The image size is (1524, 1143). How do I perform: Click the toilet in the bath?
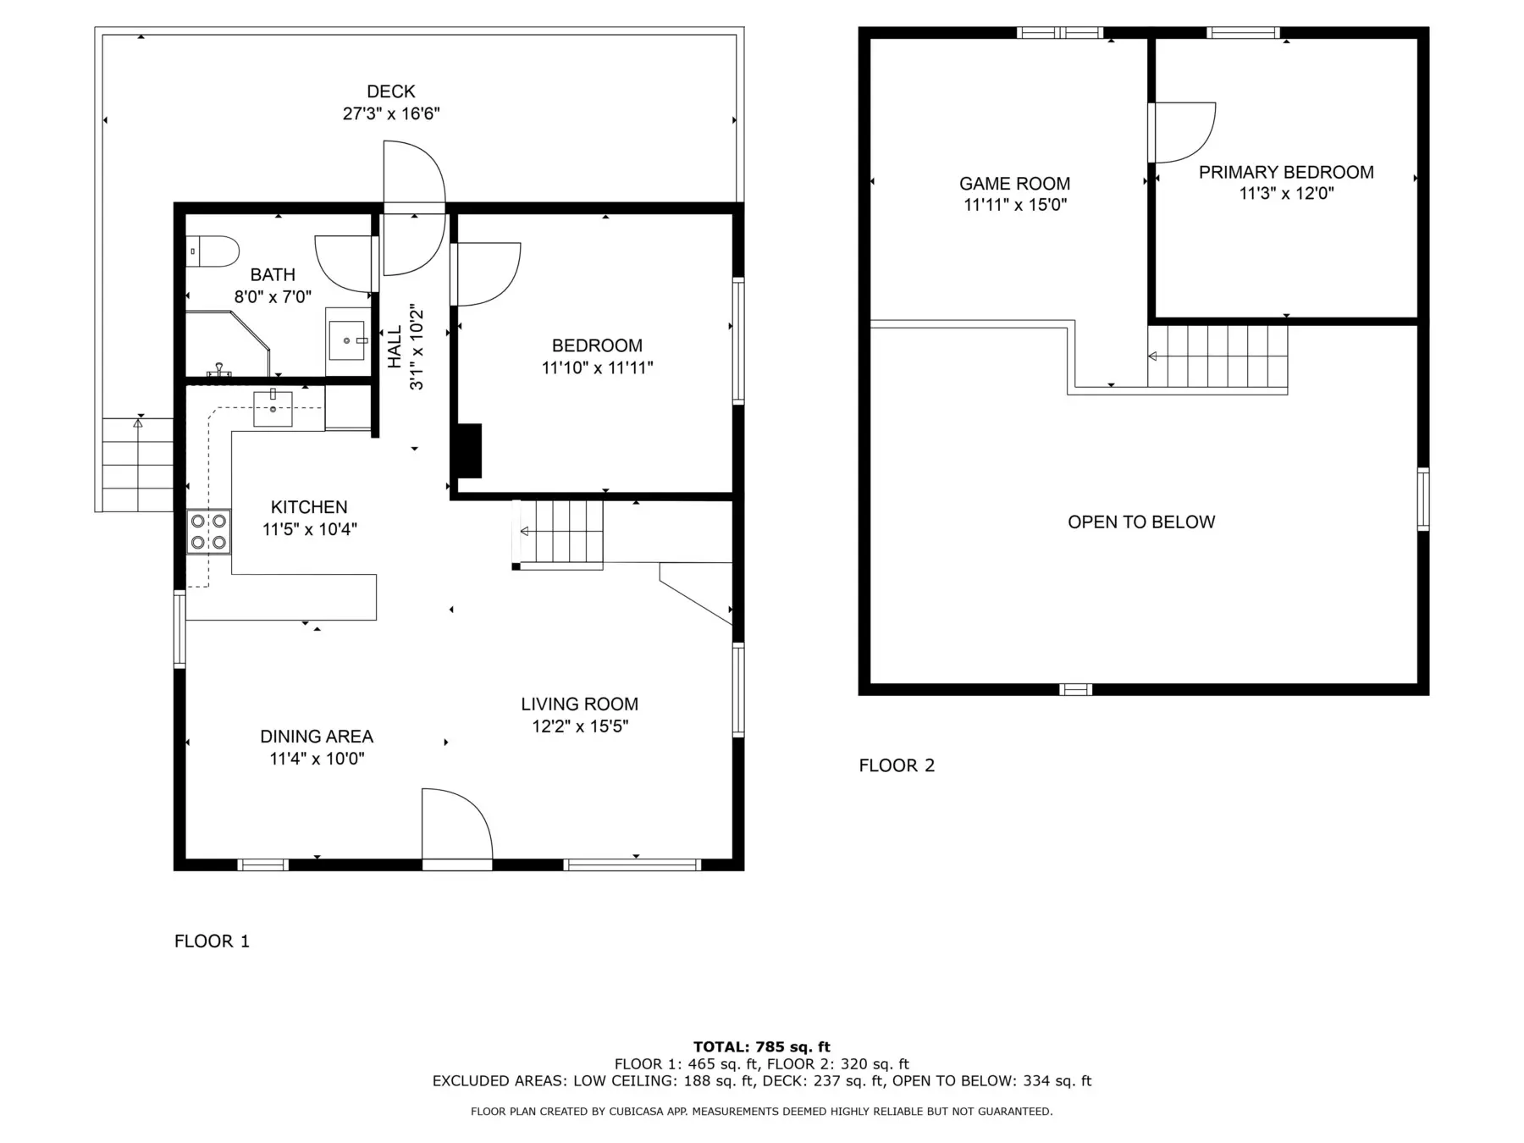tap(213, 251)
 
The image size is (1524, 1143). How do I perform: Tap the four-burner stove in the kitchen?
tap(208, 532)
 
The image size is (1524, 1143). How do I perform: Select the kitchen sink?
tap(273, 408)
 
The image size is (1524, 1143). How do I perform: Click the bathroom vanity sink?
tap(347, 340)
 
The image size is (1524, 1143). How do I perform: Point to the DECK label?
tap(391, 91)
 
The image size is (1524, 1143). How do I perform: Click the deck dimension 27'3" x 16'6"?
tap(391, 113)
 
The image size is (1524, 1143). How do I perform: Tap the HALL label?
tap(395, 347)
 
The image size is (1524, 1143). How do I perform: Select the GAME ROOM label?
tap(1014, 184)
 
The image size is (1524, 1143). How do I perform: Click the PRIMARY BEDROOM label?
tap(1286, 173)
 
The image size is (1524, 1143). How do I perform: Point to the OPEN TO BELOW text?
tap(1141, 522)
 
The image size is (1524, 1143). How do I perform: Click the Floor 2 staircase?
tap(1218, 356)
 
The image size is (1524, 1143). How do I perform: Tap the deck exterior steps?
tap(138, 465)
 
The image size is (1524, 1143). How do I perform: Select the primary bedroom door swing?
tap(1182, 132)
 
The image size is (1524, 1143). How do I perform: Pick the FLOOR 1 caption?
tap(212, 941)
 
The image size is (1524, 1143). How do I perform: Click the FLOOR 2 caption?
tap(897, 766)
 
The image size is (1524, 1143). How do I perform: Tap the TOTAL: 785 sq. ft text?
tap(762, 1047)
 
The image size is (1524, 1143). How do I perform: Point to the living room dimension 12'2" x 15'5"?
tap(580, 726)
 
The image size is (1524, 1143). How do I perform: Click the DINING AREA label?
tap(317, 737)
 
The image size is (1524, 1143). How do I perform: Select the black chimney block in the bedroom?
tap(469, 450)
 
